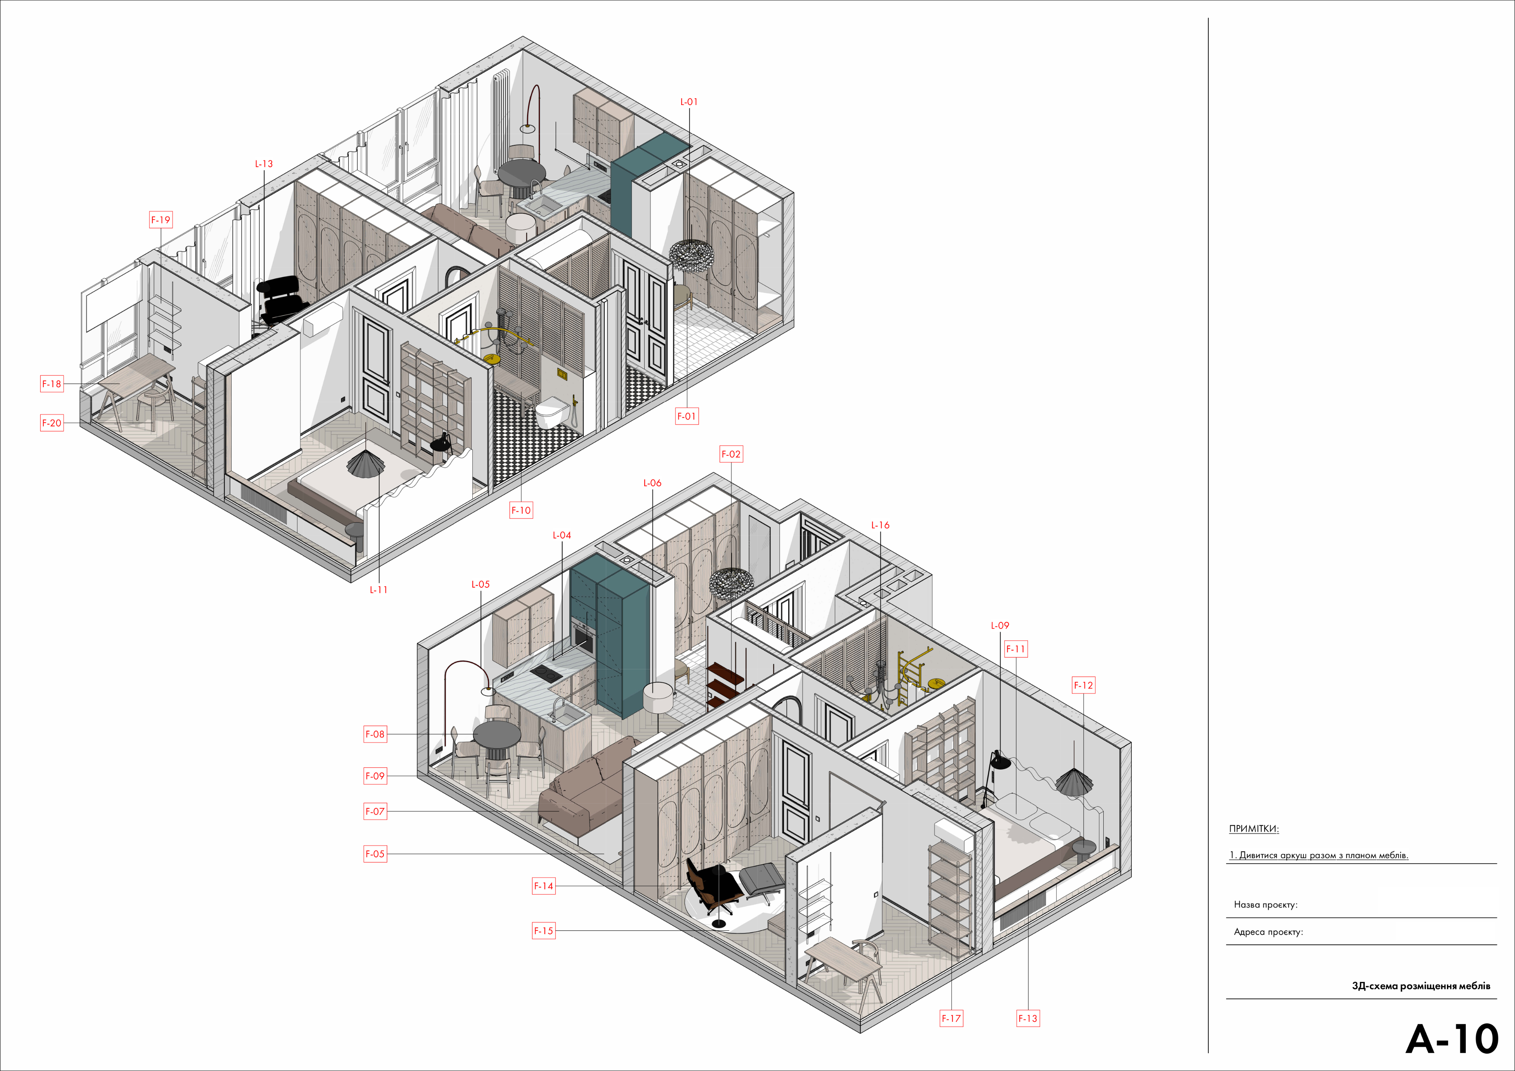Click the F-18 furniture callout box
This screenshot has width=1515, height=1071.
pyautogui.click(x=52, y=384)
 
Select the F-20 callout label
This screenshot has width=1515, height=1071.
pyautogui.click(x=52, y=423)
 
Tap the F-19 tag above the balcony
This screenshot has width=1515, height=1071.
pyautogui.click(x=161, y=220)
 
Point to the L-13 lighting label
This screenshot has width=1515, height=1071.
pyautogui.click(x=264, y=164)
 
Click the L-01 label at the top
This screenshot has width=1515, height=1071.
pyautogui.click(x=689, y=102)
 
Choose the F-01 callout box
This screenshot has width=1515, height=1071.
pyautogui.click(x=687, y=416)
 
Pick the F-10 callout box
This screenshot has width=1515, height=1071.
pyautogui.click(x=521, y=510)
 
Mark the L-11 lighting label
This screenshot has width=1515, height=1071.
pyautogui.click(x=379, y=590)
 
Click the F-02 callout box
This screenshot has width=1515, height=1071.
pyautogui.click(x=731, y=454)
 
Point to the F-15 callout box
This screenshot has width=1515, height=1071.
pyautogui.click(x=544, y=931)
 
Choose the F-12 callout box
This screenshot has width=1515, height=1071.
pyautogui.click(x=1083, y=686)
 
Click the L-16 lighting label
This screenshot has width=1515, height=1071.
pyautogui.click(x=880, y=525)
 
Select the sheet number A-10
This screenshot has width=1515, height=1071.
pyautogui.click(x=1452, y=1039)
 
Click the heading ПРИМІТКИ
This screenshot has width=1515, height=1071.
pyautogui.click(x=1254, y=829)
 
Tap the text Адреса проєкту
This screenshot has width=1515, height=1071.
pyautogui.click(x=1268, y=932)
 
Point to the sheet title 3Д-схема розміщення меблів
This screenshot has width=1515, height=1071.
pyautogui.click(x=1421, y=986)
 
